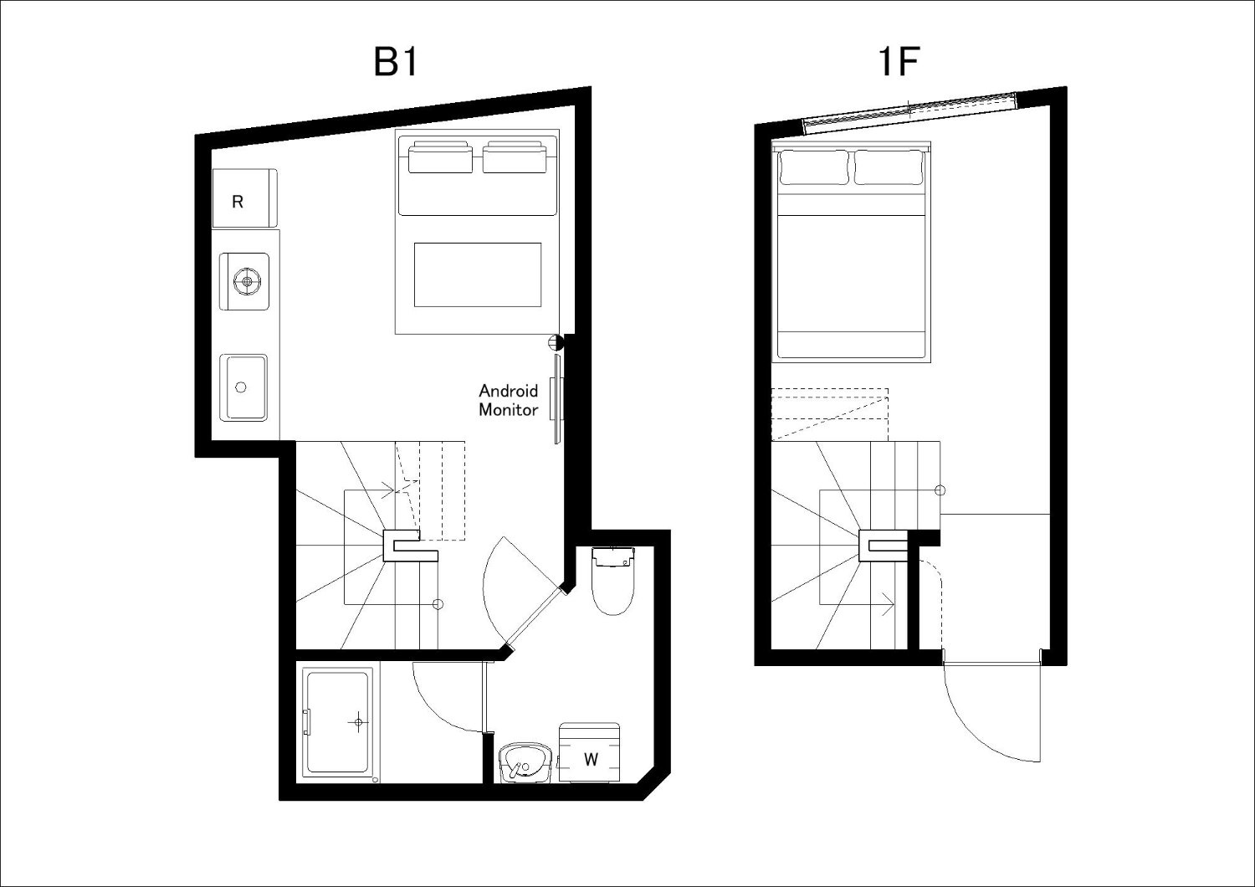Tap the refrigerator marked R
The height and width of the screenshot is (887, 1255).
(245, 198)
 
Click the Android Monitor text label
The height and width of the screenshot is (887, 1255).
(508, 400)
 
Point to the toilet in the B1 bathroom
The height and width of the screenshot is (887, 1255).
(613, 581)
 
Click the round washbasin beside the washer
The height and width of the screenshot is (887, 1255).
(525, 762)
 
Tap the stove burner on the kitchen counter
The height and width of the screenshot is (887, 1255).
(246, 280)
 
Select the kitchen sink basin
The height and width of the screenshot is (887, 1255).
(243, 387)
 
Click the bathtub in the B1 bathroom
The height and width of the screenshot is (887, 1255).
(338, 723)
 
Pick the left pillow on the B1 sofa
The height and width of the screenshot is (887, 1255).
(440, 157)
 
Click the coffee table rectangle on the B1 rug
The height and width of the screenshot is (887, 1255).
(478, 274)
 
